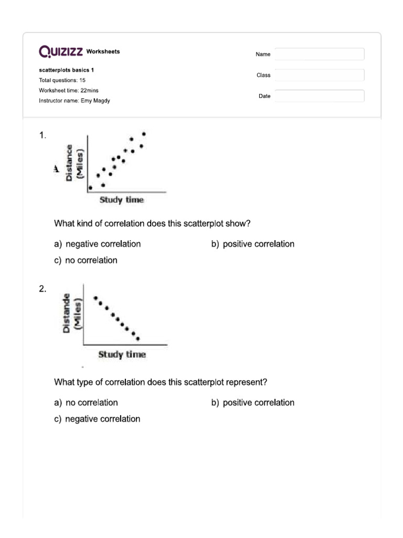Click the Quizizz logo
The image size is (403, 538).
pyautogui.click(x=61, y=51)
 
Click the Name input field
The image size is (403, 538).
pyautogui.click(x=319, y=54)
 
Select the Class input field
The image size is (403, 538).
pyautogui.click(x=319, y=75)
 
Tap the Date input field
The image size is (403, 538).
pyautogui.click(x=319, y=96)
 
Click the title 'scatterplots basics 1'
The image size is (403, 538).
pyautogui.click(x=67, y=70)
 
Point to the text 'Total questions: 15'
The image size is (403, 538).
pyautogui.click(x=62, y=80)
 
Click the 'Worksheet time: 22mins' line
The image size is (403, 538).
pyautogui.click(x=69, y=90)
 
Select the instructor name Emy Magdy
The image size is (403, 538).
pyautogui.click(x=75, y=100)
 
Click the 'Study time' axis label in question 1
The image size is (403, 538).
pyautogui.click(x=121, y=200)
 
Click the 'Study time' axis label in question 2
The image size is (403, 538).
pyautogui.click(x=122, y=355)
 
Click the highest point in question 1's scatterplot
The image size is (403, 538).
pyautogui.click(x=144, y=134)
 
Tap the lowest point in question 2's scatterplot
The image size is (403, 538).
pyautogui.click(x=138, y=339)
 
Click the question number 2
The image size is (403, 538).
pyautogui.click(x=43, y=288)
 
